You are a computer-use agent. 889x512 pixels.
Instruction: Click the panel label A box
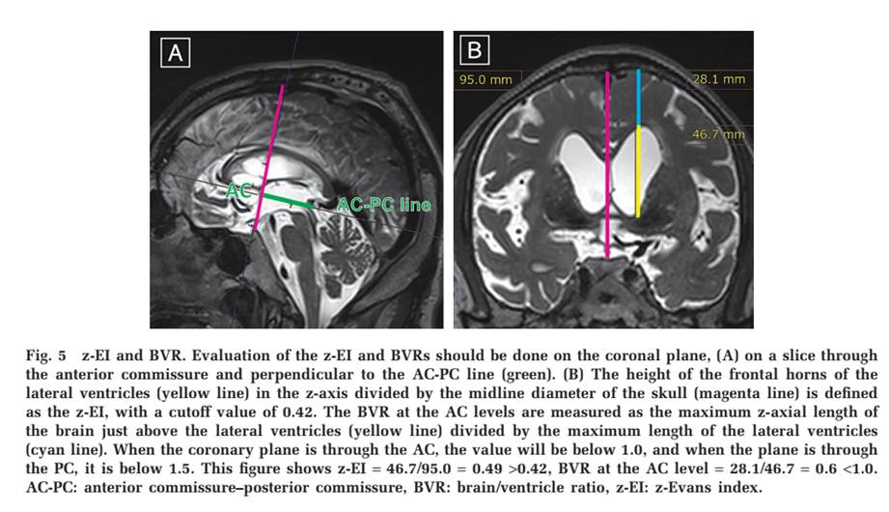176,53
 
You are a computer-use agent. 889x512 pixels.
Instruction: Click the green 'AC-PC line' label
383,205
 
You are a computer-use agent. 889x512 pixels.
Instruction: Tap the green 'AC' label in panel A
237,191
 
